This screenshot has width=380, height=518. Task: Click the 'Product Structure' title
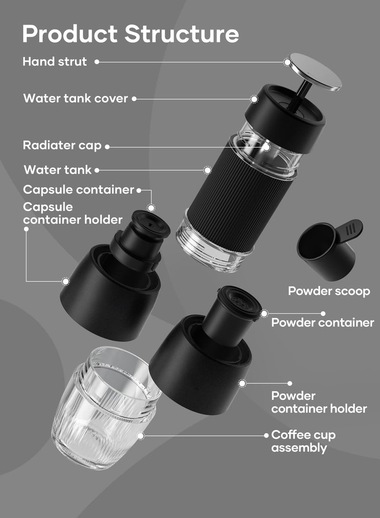[130, 34]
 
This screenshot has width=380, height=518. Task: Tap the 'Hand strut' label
[55, 62]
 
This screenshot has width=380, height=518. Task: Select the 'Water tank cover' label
[76, 99]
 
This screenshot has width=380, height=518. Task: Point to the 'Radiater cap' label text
[62, 145]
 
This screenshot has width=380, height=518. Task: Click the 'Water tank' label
[57, 170]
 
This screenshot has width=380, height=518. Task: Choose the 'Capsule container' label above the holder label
[78, 189]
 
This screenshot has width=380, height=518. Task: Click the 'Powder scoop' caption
[329, 291]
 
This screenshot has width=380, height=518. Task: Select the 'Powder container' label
[323, 323]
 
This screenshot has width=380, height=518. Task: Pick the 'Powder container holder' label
[319, 402]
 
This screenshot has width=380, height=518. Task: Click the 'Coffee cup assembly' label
[303, 441]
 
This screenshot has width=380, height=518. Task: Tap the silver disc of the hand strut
[315, 72]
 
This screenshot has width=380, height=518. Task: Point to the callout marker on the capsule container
[151, 208]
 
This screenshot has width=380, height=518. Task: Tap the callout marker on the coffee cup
[140, 435]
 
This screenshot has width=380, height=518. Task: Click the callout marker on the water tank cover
[254, 99]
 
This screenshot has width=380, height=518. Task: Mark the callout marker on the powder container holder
[242, 383]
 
